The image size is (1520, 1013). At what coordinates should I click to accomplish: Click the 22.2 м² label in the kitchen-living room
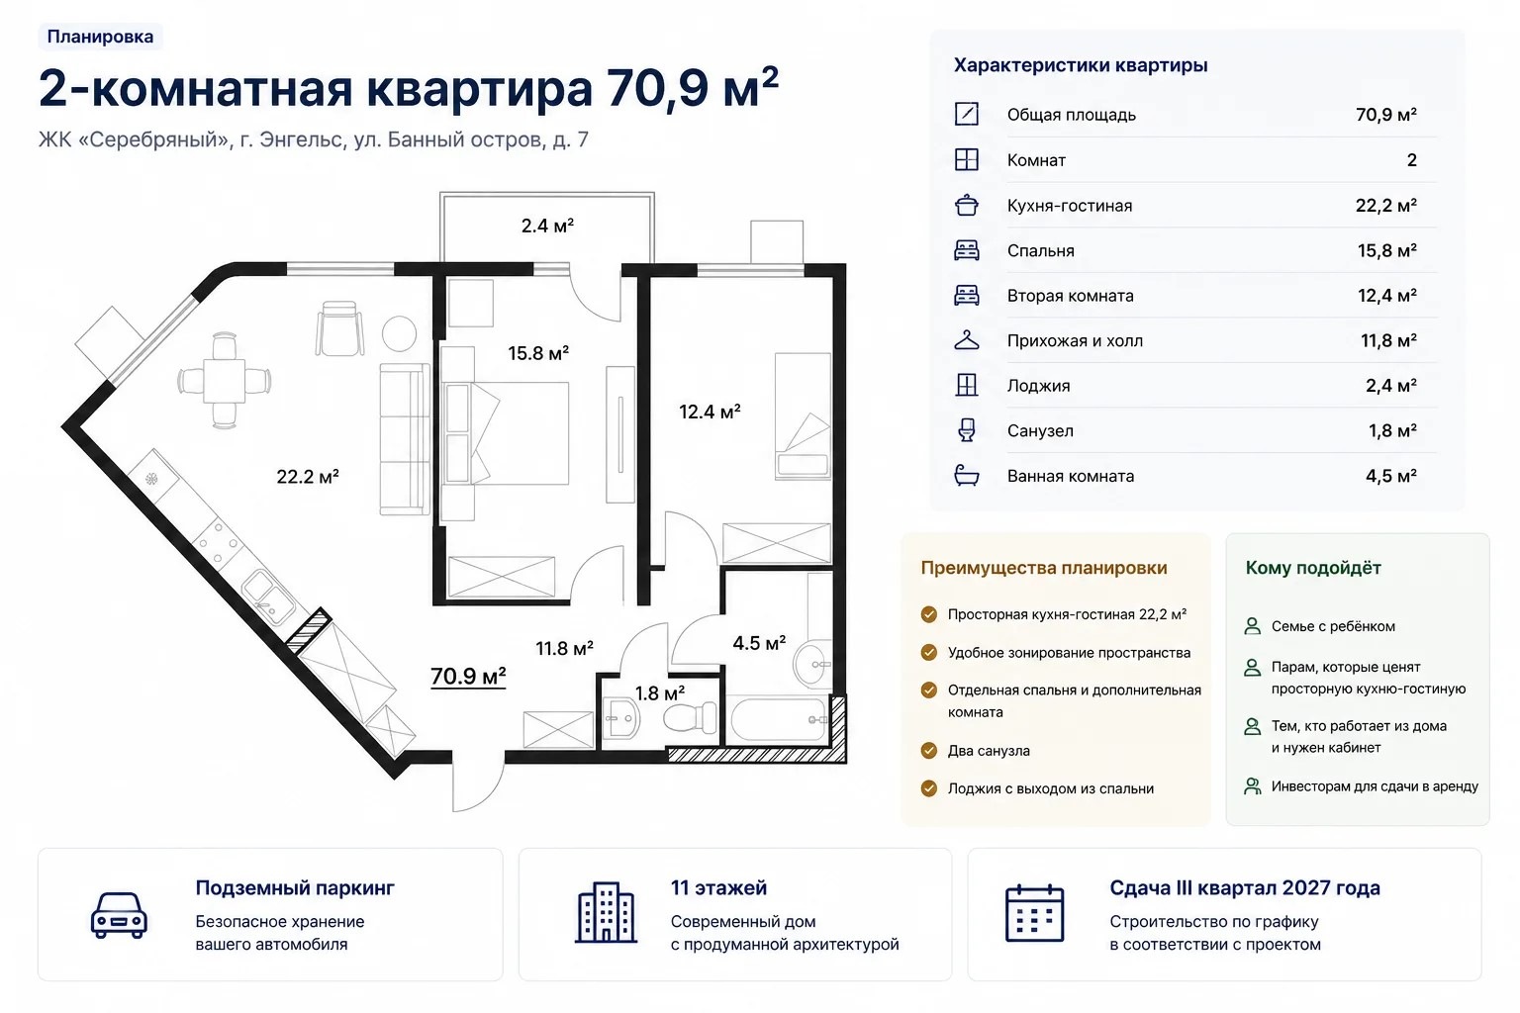[308, 476]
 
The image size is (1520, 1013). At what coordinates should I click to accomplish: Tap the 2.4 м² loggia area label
[547, 226]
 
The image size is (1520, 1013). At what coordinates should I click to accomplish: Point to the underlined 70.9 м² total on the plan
[468, 676]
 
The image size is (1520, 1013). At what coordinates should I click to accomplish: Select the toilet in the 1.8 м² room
[690, 717]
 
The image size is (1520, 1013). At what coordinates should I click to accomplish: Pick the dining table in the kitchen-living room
[224, 381]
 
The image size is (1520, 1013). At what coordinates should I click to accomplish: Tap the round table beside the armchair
[399, 333]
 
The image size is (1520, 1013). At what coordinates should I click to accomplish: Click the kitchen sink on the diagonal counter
[268, 597]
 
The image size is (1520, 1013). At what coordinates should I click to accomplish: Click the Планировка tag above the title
[100, 37]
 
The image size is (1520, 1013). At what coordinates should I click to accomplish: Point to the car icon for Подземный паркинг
[119, 915]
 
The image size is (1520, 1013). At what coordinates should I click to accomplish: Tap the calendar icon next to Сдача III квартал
[1034, 913]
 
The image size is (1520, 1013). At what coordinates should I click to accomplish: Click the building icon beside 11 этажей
[606, 912]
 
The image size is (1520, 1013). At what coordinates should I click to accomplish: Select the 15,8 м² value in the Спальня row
[1387, 251]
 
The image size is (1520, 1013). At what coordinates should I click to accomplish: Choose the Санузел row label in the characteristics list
[1040, 431]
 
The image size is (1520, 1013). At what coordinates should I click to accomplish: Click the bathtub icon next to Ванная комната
[966, 476]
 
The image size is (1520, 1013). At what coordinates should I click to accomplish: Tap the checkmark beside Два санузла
[929, 751]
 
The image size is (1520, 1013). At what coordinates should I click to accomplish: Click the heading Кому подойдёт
[1313, 568]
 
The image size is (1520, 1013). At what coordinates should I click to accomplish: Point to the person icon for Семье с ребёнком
[1252, 626]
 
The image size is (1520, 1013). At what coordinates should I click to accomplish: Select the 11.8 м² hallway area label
[565, 649]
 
